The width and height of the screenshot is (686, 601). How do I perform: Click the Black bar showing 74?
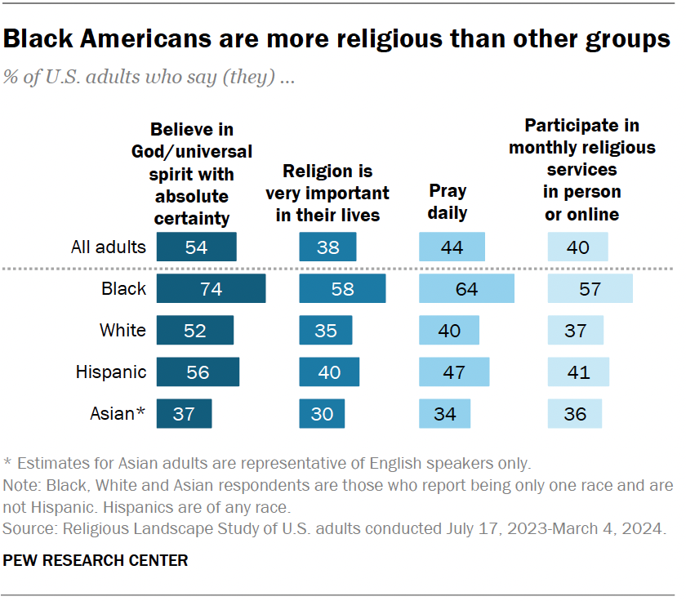(x=211, y=288)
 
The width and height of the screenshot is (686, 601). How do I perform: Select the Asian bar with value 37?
(x=184, y=414)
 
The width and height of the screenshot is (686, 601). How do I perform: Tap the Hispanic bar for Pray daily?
(x=454, y=372)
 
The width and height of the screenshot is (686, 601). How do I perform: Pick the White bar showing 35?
(x=327, y=331)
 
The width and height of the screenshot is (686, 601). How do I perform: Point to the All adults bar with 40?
(x=578, y=247)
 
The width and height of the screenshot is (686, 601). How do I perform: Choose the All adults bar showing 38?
(x=328, y=247)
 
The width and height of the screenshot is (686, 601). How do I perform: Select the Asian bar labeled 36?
(x=575, y=414)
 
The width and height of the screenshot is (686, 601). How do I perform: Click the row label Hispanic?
(x=111, y=372)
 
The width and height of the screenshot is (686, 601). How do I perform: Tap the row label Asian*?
(x=117, y=414)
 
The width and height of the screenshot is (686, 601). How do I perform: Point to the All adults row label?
(x=109, y=247)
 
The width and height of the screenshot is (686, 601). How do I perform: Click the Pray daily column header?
(x=448, y=202)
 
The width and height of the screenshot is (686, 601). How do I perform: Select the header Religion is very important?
(x=327, y=193)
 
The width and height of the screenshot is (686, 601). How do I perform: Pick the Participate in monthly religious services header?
(x=581, y=170)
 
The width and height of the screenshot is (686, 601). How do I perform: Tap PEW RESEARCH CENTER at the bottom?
(x=96, y=561)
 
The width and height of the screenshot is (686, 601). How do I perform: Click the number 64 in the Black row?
(x=466, y=288)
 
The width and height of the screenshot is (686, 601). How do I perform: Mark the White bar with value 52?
(x=195, y=331)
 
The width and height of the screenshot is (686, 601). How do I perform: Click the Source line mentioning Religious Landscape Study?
(x=335, y=529)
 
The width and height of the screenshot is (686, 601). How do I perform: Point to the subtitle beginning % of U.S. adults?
(x=149, y=78)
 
